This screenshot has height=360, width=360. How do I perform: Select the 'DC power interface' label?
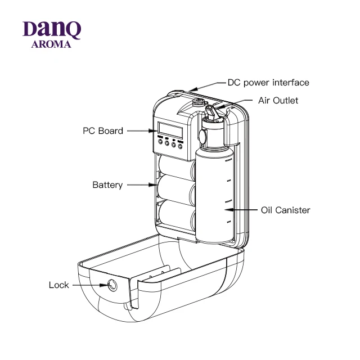(268, 83)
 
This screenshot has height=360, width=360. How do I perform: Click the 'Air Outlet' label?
(278, 101)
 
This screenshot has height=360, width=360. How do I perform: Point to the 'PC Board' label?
(102, 131)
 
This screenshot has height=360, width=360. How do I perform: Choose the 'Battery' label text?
(107, 185)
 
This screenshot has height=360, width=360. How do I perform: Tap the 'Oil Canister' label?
(285, 210)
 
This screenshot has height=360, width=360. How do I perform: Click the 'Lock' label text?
(59, 285)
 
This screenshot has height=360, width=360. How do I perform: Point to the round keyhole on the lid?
(112, 285)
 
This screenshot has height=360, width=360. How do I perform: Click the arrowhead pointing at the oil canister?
(228, 210)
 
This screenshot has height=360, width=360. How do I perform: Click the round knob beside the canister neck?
(201, 136)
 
